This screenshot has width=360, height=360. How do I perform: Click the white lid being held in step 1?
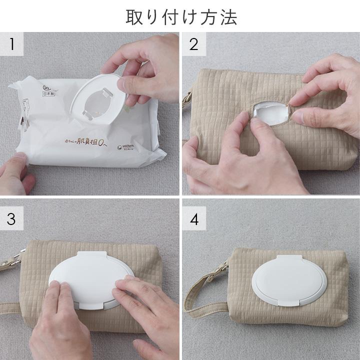(100, 100)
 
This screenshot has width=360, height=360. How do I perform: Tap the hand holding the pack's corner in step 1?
(15, 172)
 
